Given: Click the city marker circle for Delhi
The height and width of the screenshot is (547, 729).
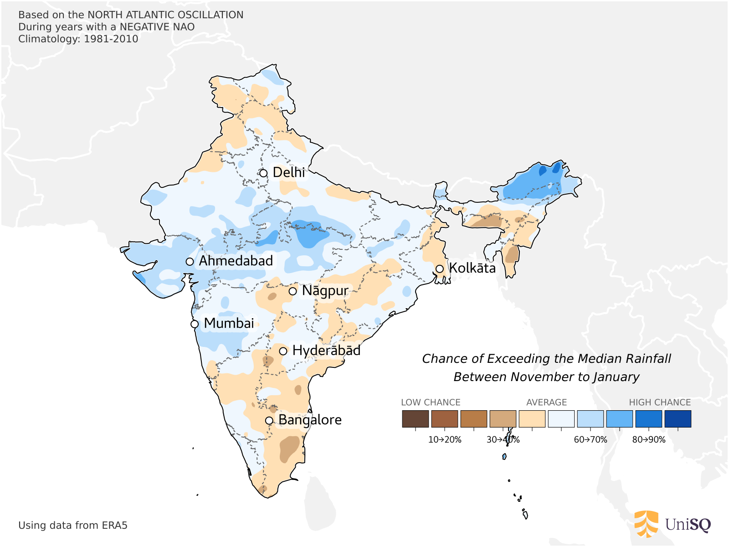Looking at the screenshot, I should [x=263, y=173].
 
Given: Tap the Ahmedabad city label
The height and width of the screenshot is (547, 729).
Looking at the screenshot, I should [x=236, y=261].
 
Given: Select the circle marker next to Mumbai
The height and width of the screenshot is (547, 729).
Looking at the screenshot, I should [x=195, y=324].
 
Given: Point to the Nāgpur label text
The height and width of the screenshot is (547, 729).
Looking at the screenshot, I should [x=325, y=291].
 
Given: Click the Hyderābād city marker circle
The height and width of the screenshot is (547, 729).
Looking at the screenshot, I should [x=283, y=351].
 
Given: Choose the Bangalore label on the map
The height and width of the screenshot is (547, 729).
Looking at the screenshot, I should [x=310, y=420].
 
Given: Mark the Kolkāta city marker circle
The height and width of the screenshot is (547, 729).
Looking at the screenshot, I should [x=440, y=269].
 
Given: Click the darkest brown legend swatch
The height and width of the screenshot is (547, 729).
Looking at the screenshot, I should [x=415, y=418].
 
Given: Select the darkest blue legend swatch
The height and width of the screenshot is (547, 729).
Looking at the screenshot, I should [x=678, y=418].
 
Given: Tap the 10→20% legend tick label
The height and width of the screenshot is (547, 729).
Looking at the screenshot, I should [x=445, y=440].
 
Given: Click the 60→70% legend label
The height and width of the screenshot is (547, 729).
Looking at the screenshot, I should [x=590, y=440].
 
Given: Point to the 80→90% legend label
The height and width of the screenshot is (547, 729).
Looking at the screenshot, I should [x=649, y=440].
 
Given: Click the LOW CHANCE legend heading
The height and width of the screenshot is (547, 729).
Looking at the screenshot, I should [x=431, y=403].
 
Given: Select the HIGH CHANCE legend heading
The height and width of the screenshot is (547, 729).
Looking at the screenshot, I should [x=660, y=403].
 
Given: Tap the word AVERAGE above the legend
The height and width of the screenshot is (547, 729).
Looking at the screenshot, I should [x=546, y=403].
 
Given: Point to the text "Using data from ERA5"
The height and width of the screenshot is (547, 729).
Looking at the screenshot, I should [x=73, y=526].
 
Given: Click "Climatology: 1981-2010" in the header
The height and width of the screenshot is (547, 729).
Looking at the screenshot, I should [x=78, y=39].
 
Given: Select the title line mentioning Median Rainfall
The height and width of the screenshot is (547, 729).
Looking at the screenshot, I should [x=546, y=359].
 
